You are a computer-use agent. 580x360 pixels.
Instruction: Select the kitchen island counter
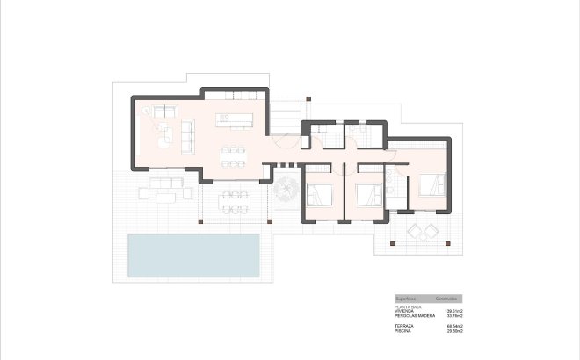coord(236,117)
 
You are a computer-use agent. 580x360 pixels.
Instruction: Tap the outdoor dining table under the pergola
coord(232,199)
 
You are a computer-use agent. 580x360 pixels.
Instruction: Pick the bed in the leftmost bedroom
coord(322,193)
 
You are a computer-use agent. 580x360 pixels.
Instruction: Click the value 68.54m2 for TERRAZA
coord(453,327)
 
